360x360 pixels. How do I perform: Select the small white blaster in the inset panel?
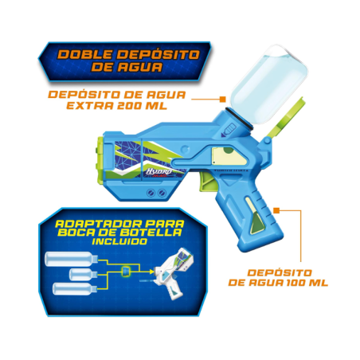point(180,271)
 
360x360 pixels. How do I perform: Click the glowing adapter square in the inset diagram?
point(126,272)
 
